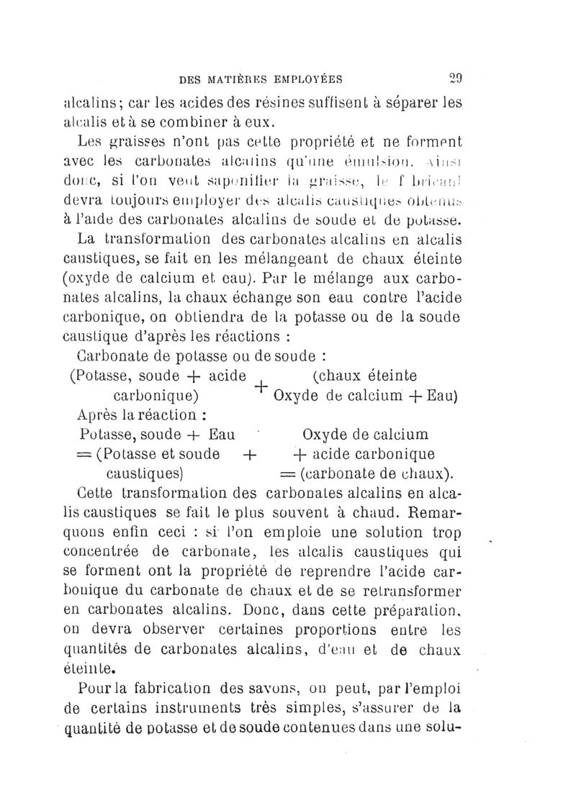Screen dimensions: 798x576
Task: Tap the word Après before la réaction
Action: click(99, 415)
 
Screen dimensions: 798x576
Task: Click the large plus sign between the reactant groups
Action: click(259, 386)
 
